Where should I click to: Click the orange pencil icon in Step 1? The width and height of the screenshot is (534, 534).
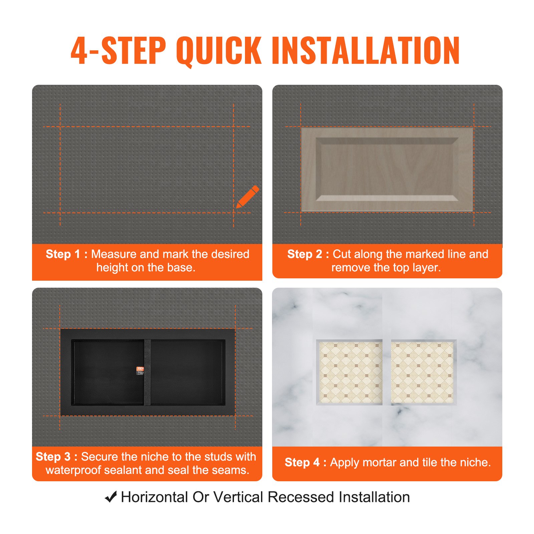tap(248, 197)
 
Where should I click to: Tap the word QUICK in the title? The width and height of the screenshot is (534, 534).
tap(219, 51)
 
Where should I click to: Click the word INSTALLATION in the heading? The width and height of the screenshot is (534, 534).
tap(366, 51)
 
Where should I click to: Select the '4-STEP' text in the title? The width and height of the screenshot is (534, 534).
tap(118, 51)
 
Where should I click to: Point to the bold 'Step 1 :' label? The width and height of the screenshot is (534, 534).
tap(66, 254)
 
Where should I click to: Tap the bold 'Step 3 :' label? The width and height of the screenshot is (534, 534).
tap(56, 457)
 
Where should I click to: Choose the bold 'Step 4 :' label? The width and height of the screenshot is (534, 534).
tap(305, 463)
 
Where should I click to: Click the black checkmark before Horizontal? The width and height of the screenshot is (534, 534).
tap(111, 497)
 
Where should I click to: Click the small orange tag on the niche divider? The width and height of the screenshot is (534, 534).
tap(141, 371)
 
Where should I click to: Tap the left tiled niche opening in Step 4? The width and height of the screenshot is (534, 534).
tap(350, 372)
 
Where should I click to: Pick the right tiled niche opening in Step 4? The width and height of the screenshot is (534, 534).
tap(423, 372)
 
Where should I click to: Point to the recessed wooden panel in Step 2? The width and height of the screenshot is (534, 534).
tap(387, 170)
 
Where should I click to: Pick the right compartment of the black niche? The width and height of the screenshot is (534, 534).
tap(188, 372)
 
